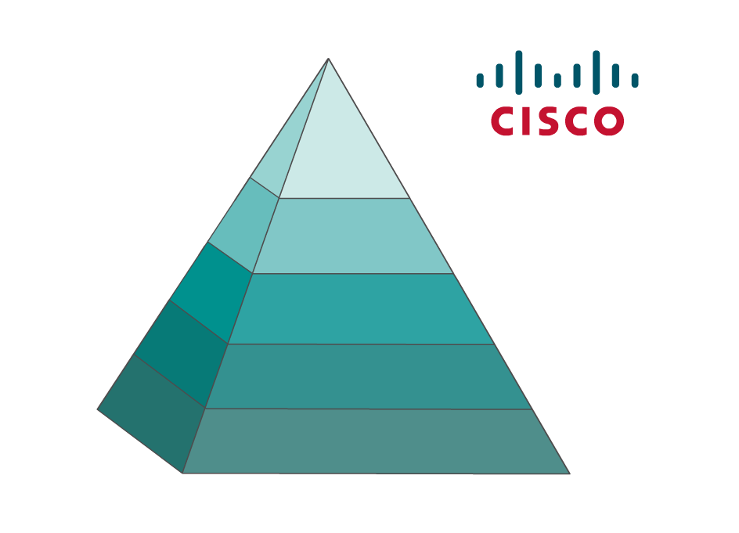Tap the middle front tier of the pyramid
[x=360, y=308]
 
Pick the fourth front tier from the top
[x=368, y=376]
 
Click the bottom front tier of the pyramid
[x=376, y=441]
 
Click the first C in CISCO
[x=503, y=121]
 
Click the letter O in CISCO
[x=608, y=121]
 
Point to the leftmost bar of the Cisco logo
[x=480, y=80]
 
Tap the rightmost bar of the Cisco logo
[x=635, y=80]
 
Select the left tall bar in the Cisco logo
[x=518, y=72]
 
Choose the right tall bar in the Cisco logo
[x=596, y=72]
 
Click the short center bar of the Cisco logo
[x=557, y=80]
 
